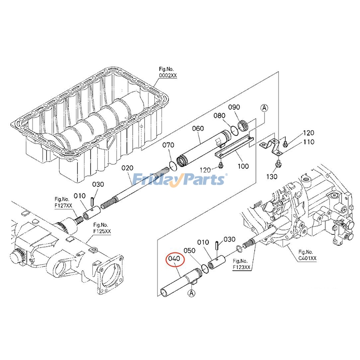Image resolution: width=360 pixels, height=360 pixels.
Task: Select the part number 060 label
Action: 198,128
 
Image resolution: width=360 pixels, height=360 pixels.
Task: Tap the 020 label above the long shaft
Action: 127,168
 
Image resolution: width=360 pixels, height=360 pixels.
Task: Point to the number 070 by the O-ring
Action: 168,145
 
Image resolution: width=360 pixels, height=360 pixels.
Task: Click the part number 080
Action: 219,116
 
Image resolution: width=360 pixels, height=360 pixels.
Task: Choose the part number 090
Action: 234,107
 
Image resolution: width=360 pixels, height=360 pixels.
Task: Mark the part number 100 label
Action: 243,166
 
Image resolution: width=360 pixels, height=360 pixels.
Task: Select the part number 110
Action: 308,142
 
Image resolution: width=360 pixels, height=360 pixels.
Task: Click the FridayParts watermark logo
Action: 180,180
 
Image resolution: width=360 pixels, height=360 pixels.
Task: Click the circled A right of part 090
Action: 264,108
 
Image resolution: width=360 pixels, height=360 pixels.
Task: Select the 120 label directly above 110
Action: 308,133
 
